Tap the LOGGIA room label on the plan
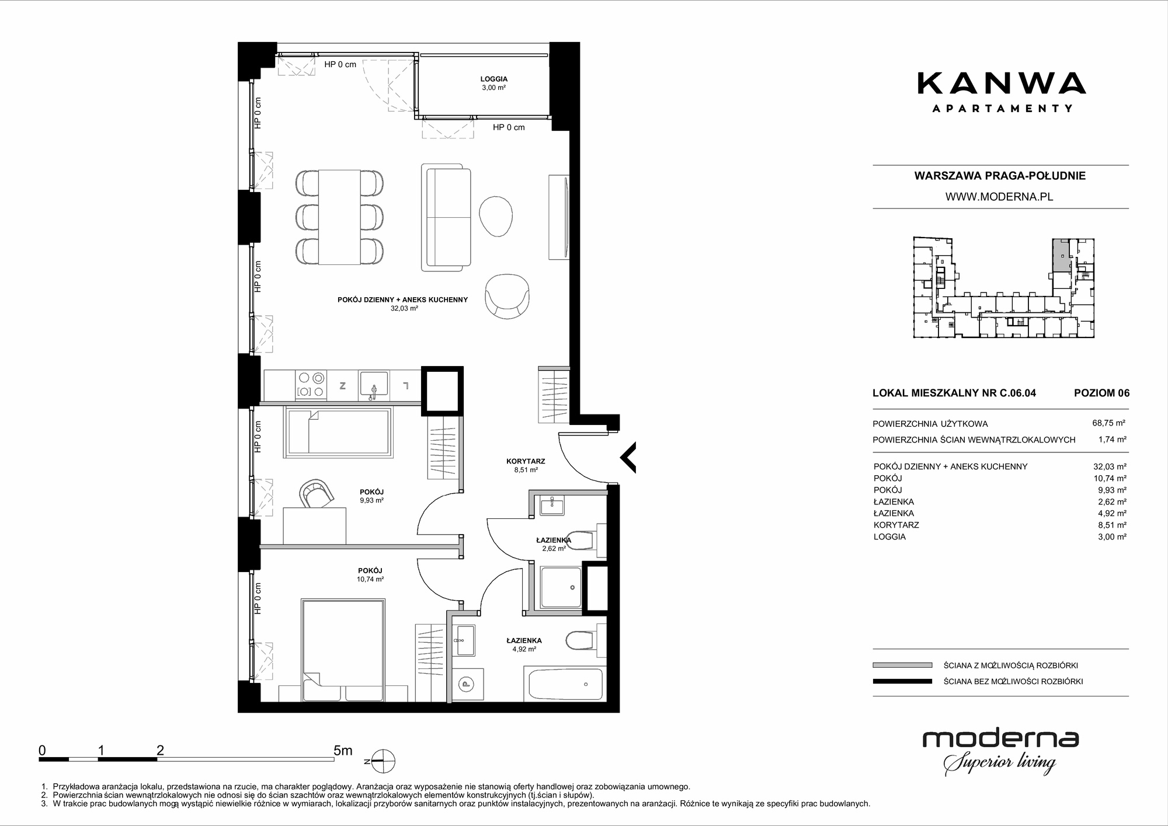coord(494,79)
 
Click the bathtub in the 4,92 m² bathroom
coord(565,684)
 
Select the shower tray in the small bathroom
coord(561,587)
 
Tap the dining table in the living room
coord(339,217)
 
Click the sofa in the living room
coord(446,217)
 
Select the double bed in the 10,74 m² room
coord(343,650)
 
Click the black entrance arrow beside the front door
coord(628,457)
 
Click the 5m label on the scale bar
coord(343,751)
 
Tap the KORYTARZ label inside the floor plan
coord(526,461)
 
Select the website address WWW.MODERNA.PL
coord(999,197)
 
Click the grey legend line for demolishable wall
coord(902,665)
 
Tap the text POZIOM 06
coord(1102,393)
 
